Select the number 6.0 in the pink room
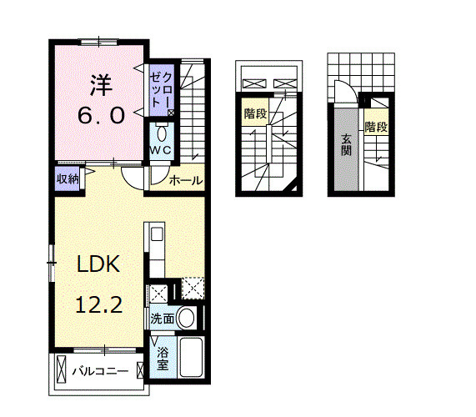[x=102, y=114]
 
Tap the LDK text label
[x=101, y=265]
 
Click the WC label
[x=161, y=149]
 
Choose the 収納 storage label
[x=68, y=178]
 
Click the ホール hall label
[x=185, y=180]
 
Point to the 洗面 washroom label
[x=163, y=319]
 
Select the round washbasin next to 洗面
[x=188, y=318]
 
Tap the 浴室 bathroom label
[x=163, y=358]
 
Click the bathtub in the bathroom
[x=192, y=358]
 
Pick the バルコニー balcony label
[x=99, y=369]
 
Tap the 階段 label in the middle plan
[x=255, y=113]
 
